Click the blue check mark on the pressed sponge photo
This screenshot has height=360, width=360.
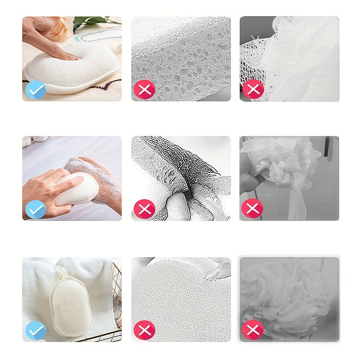tap(36, 90)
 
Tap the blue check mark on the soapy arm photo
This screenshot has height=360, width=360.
tap(36, 209)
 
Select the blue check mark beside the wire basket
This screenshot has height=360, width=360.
tap(36, 331)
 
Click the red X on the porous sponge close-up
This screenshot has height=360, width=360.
tap(144, 90)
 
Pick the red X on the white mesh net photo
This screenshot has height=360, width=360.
tap(253, 90)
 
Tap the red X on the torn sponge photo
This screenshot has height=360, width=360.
tap(144, 209)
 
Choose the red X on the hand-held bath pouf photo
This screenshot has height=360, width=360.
tap(253, 209)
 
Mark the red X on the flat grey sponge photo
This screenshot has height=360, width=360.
tap(144, 331)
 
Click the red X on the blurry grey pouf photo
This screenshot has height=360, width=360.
tap(253, 331)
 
